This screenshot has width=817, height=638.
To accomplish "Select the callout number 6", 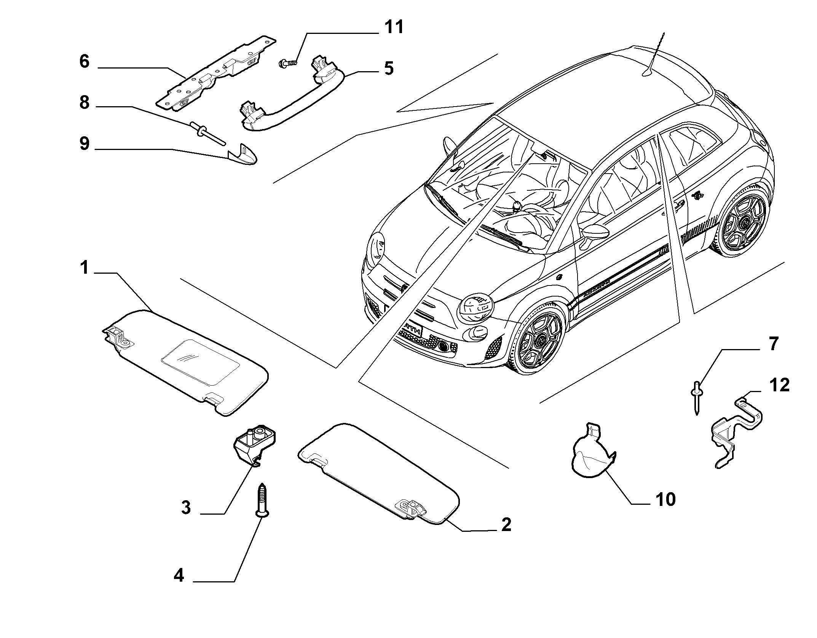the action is (84, 61).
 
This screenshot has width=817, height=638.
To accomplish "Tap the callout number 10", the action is (665, 499).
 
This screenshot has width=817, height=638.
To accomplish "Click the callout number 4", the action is (179, 587).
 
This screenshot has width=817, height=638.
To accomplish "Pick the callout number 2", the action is (506, 525).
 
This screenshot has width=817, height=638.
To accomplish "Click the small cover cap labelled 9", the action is (243, 155).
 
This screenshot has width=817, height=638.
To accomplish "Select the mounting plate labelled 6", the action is (216, 73).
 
